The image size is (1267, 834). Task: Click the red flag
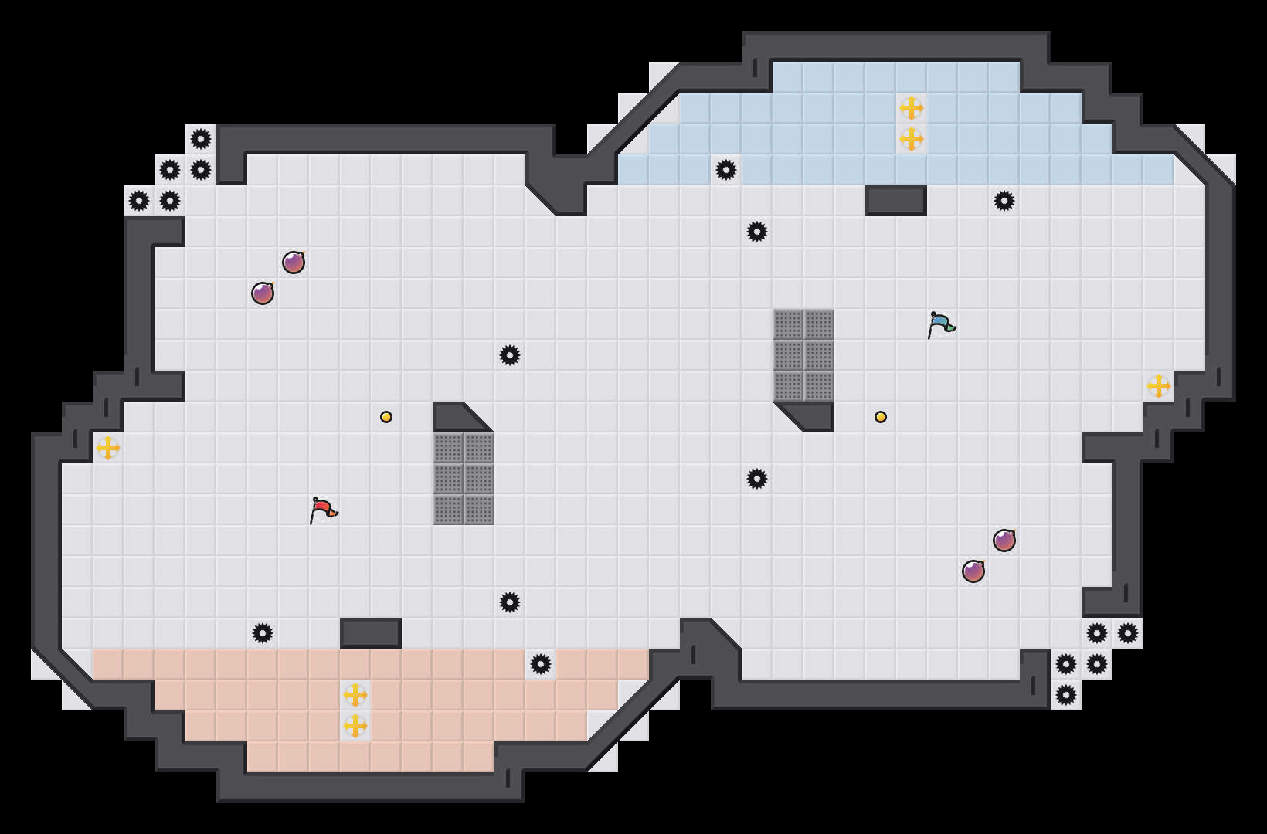coord(323,510)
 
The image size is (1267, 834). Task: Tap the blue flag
coord(941,324)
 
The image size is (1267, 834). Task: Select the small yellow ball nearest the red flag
coord(386,417)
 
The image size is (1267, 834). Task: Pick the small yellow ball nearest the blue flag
coord(881,417)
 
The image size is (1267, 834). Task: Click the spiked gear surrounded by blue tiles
coord(726,170)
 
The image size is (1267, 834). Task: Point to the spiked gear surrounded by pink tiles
coord(541,664)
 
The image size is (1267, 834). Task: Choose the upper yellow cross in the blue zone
coord(912,108)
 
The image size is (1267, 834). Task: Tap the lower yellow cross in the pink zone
coord(355,726)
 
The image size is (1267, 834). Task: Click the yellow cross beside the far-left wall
coord(108,448)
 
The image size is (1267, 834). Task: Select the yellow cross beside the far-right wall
coord(1159,386)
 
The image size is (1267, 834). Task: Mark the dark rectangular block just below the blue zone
coord(896,201)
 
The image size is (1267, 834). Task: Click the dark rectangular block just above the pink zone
coord(371,633)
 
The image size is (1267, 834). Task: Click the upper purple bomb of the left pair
coord(294,263)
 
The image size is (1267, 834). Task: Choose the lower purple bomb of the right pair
coord(973,571)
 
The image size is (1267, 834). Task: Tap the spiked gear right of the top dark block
coord(1004,201)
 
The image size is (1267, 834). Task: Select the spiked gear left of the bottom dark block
coord(263,633)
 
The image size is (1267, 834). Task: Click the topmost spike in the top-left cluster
coord(201,139)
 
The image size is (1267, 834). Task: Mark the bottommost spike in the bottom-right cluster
coord(1066,695)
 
